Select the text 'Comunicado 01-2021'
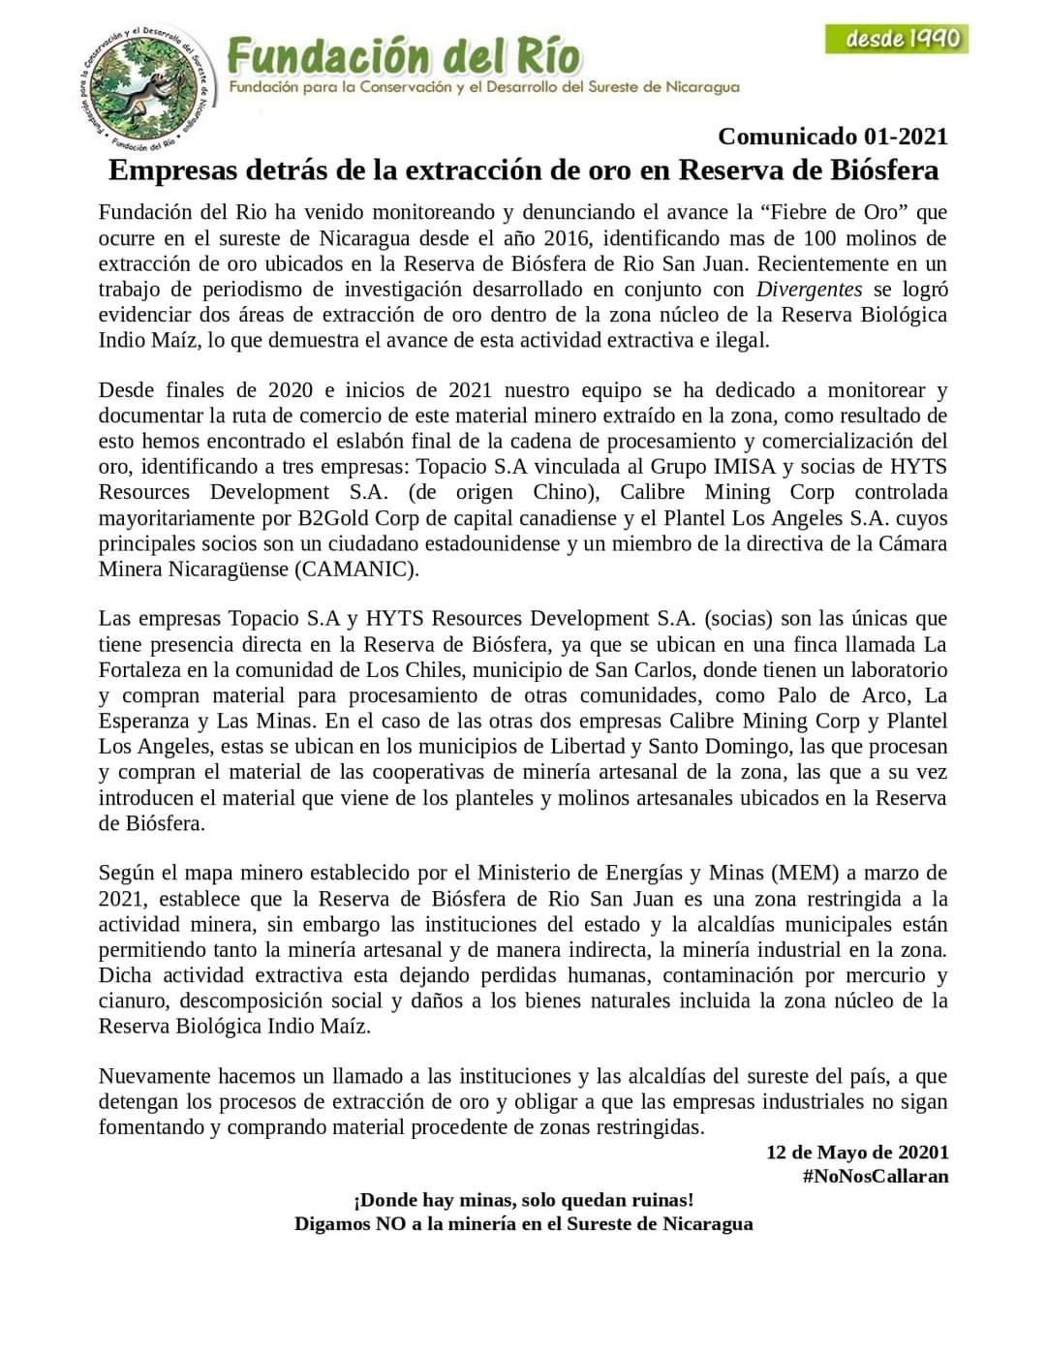tap(832, 137)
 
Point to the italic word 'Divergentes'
tap(809, 289)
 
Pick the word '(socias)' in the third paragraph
tap(740, 619)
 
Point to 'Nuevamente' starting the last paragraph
tap(155, 1076)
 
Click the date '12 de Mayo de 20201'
tap(857, 1153)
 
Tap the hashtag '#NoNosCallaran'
tap(875, 1177)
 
